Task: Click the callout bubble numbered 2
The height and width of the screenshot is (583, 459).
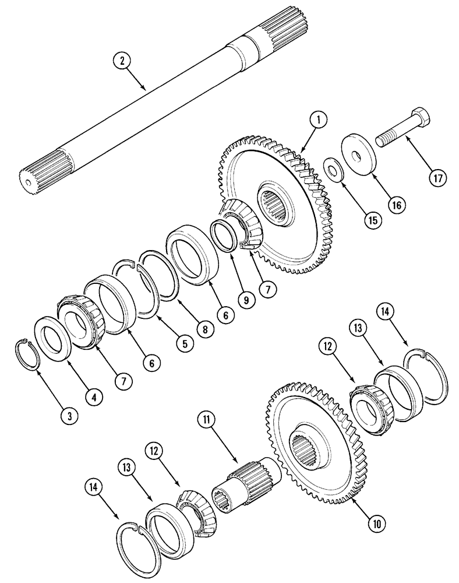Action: coord(122,61)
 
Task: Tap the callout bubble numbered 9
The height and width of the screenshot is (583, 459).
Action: coord(245,300)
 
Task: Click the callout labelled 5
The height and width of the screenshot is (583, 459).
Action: coord(184,343)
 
